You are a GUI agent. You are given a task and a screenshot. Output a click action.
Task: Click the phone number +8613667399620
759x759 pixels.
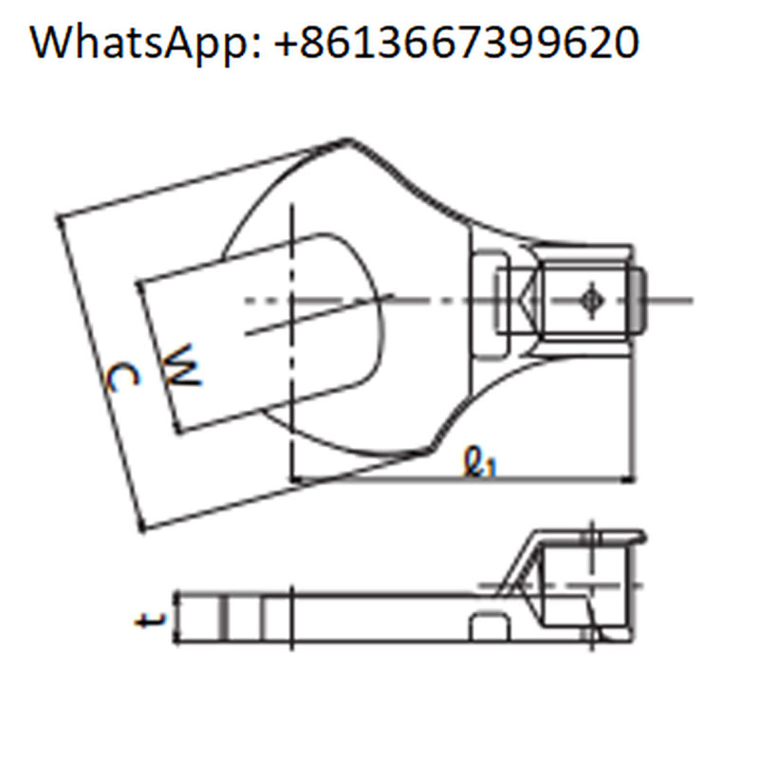pos(456,43)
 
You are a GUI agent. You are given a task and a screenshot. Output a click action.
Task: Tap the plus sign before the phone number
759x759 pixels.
pos(287,44)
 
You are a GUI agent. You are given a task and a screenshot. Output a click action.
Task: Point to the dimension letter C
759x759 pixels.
pos(122,378)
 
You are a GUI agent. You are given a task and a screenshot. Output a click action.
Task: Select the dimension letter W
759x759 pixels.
pos(181,365)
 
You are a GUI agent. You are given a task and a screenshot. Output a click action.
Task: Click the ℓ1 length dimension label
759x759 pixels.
pos(480,462)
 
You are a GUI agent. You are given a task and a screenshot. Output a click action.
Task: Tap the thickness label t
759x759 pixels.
pos(151,620)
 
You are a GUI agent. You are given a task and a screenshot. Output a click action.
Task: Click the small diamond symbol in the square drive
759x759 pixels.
pos(591,301)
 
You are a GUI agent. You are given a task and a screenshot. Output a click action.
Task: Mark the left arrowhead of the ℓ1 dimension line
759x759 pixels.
pos(297,480)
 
